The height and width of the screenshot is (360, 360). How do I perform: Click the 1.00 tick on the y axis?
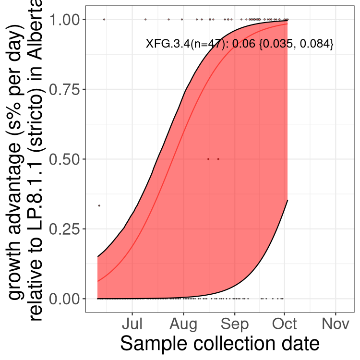tap(66, 20)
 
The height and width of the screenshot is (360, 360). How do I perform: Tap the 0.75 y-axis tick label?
tap(66, 89)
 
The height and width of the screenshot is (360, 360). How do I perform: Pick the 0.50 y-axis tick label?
tap(66, 159)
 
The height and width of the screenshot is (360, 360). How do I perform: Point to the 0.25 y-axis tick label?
tap(66, 229)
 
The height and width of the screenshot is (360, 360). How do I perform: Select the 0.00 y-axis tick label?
tap(66, 299)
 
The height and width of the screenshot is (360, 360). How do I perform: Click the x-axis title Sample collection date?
tap(219, 344)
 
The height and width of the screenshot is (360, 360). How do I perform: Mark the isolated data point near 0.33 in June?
tap(99, 205)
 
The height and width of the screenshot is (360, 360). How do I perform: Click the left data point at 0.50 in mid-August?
tap(208, 159)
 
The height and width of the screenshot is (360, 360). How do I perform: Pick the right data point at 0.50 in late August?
tap(218, 159)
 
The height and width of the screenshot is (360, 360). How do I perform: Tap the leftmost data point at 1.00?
tap(104, 19)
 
